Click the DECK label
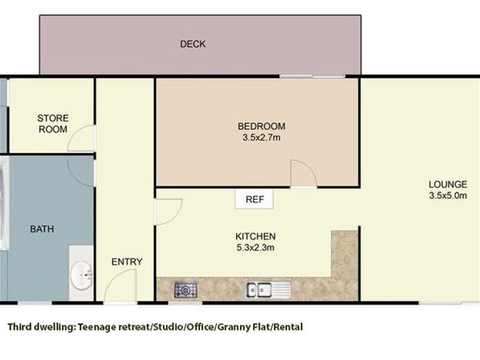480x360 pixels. pyautogui.click(x=192, y=44)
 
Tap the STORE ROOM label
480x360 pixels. pyautogui.click(x=52, y=124)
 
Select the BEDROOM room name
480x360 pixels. pyautogui.click(x=262, y=126)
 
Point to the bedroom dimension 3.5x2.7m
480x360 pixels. pyautogui.click(x=262, y=138)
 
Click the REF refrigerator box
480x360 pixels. pyautogui.click(x=254, y=199)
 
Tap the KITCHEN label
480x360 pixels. pyautogui.click(x=255, y=236)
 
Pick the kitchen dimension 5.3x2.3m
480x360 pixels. pyautogui.click(x=255, y=248)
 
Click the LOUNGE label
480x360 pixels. pyautogui.click(x=448, y=185)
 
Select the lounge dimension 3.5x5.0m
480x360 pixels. pyautogui.click(x=448, y=195)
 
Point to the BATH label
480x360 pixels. pyautogui.click(x=42, y=229)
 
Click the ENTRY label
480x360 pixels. pyautogui.click(x=127, y=262)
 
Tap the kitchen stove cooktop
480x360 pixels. pyautogui.click(x=185, y=290)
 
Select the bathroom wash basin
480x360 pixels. pyautogui.click(x=82, y=275)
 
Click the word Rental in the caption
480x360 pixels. pyautogui.click(x=288, y=327)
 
